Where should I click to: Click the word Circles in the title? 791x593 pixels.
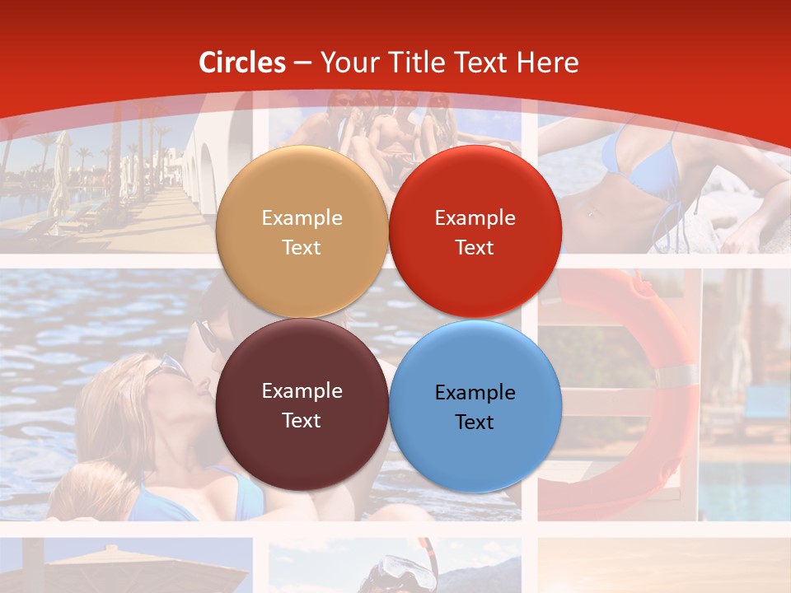click(x=241, y=63)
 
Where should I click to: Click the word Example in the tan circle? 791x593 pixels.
click(x=302, y=217)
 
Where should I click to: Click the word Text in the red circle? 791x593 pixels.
click(x=475, y=247)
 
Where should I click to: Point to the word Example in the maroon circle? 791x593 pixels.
click(x=302, y=390)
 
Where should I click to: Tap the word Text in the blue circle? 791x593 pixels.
click(x=475, y=422)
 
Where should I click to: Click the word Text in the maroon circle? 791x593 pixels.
click(x=302, y=420)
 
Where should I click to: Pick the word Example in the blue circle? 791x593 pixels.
click(x=475, y=392)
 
